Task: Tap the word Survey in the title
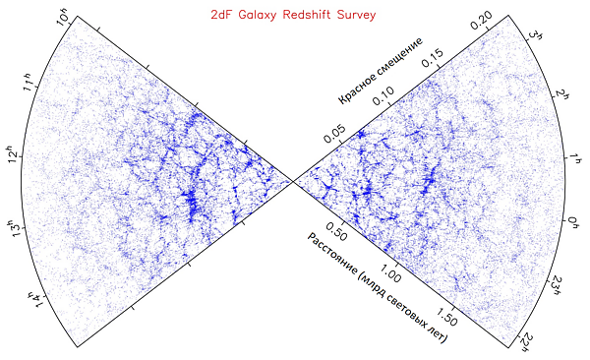[x=356, y=15]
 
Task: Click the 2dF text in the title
[x=221, y=15]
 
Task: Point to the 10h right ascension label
[x=63, y=20]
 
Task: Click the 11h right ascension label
[x=29, y=82]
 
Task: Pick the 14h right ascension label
[x=37, y=300]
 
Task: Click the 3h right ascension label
[x=535, y=36]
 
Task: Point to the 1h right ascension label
[x=575, y=157]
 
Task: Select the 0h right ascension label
[x=572, y=222]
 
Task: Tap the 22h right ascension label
[x=526, y=342]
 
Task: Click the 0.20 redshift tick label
[x=481, y=21]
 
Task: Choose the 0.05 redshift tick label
[x=334, y=134]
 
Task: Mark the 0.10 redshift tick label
[x=383, y=95]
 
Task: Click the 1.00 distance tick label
[x=390, y=273]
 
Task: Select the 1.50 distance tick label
[x=447, y=317]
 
